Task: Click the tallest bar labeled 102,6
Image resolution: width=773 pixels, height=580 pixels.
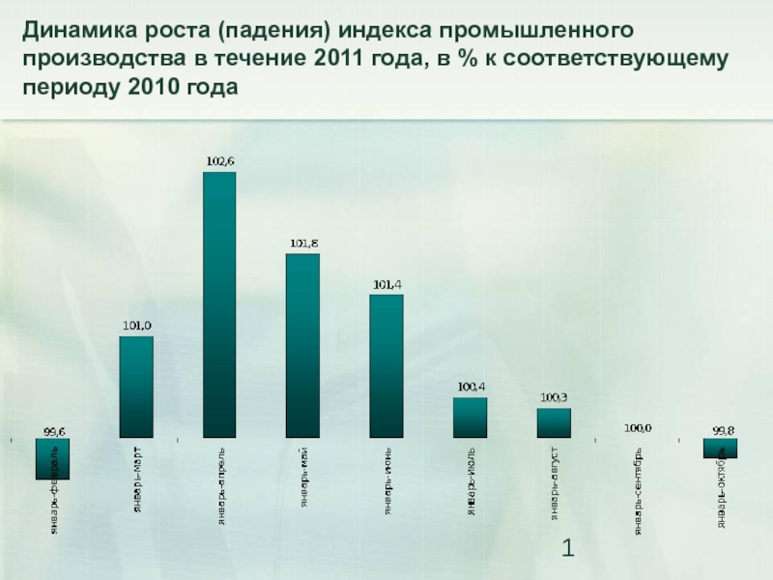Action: (x=219, y=304)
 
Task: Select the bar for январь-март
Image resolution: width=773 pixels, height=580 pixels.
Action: (x=135, y=387)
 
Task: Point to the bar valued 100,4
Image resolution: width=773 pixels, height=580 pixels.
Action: (x=471, y=418)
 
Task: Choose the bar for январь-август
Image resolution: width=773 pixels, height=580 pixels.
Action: (x=554, y=423)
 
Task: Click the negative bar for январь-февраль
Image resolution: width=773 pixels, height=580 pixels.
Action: (x=52, y=459)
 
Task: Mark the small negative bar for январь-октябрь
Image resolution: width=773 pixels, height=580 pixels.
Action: (x=721, y=448)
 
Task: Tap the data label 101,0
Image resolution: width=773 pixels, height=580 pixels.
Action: (x=135, y=326)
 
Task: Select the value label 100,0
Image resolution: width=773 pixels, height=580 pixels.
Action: (x=638, y=427)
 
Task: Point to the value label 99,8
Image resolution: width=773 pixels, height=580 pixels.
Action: (x=722, y=428)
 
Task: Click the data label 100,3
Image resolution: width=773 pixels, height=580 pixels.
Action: (x=554, y=397)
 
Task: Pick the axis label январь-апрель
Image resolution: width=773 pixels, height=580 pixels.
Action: (x=221, y=486)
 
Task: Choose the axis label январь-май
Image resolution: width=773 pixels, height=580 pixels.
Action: (x=304, y=478)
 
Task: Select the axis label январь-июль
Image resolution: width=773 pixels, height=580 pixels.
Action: (x=472, y=481)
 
